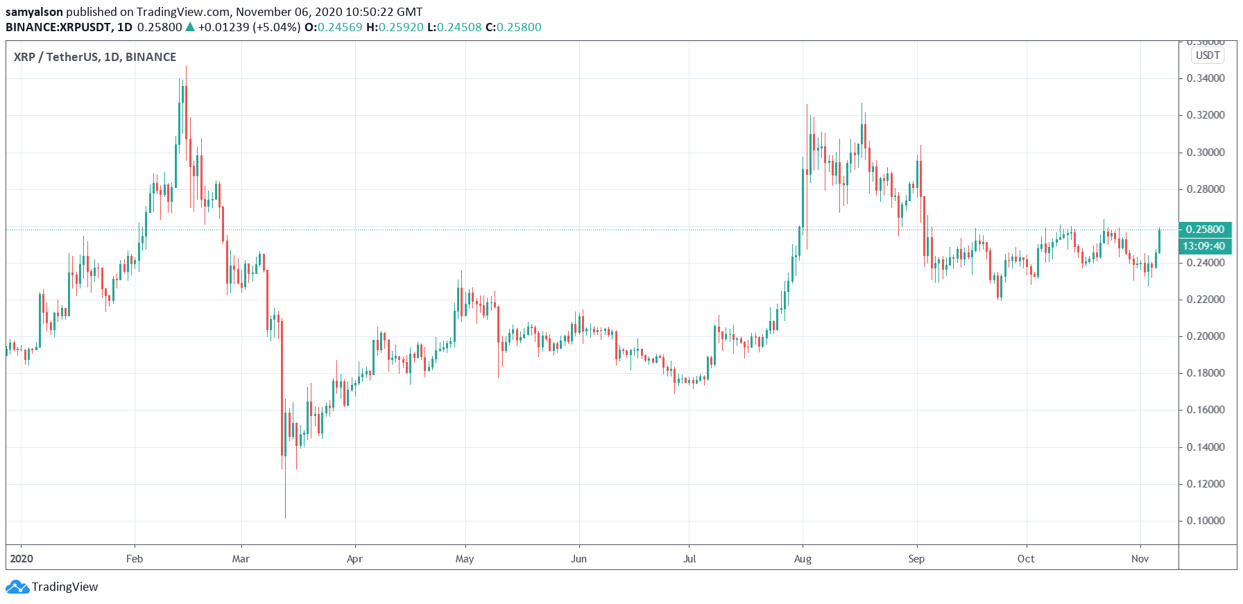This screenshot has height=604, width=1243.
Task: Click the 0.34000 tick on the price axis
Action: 1206,78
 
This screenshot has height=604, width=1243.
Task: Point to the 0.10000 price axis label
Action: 1206,521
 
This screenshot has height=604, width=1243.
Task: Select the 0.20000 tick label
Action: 1206,336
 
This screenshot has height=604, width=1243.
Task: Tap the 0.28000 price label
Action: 1206,189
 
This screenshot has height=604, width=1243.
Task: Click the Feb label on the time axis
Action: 135,559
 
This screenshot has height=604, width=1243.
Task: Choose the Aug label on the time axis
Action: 803,559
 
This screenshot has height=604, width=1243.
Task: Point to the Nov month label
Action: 1140,559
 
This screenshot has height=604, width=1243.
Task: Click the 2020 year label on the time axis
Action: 22,559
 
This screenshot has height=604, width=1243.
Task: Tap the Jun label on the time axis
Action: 578,559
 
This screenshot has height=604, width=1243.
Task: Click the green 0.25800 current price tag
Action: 1205,230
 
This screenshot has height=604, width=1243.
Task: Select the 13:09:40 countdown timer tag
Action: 1205,246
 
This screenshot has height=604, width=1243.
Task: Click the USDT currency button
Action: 1208,55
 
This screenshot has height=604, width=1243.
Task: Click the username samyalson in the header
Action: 34,12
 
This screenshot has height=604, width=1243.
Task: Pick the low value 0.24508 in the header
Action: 459,28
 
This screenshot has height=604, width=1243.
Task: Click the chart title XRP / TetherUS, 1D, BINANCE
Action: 95,57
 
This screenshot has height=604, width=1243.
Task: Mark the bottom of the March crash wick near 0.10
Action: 285,517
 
